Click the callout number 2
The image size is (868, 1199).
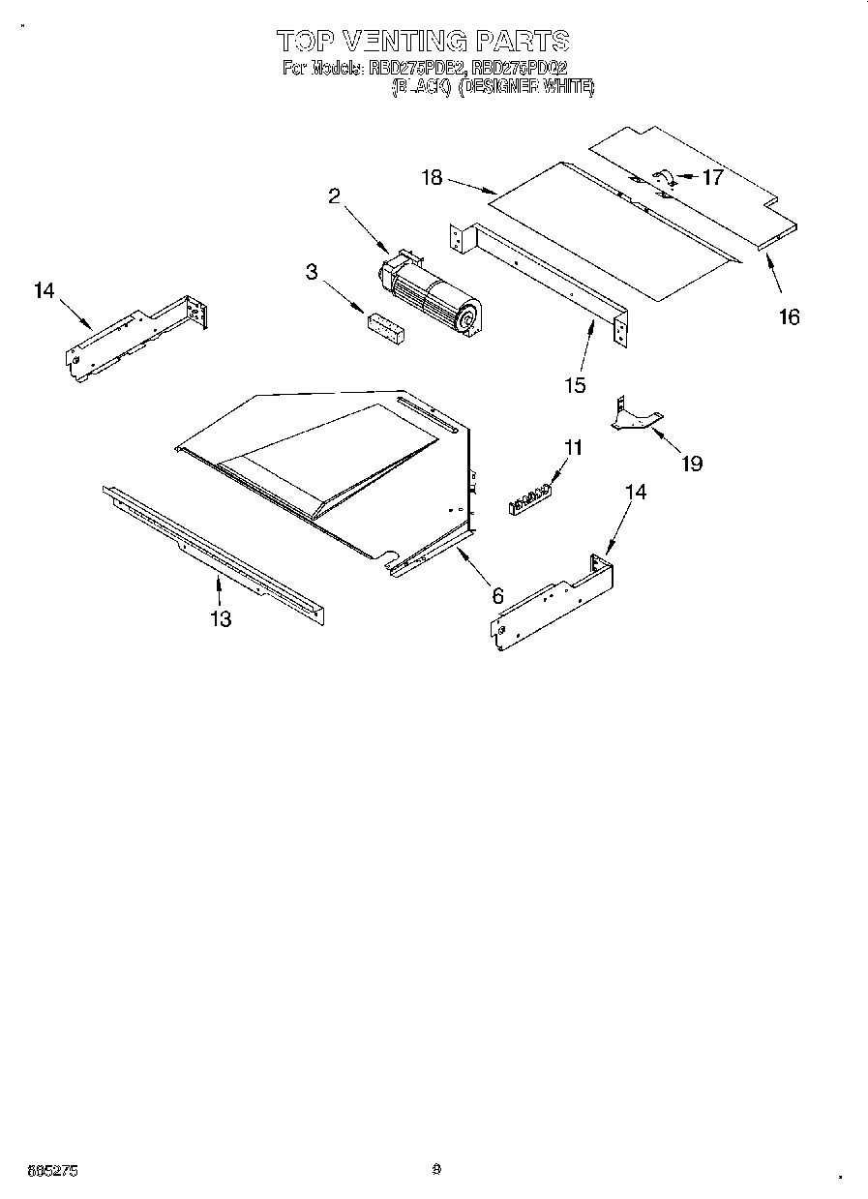tap(334, 196)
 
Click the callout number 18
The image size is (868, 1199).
tap(432, 177)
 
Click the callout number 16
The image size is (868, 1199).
tap(790, 316)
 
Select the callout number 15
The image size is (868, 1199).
tap(575, 385)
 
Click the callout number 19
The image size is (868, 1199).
tap(691, 464)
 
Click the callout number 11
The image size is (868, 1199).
tap(574, 447)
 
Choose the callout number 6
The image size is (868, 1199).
tap(497, 596)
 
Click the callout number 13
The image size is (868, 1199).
tap(221, 619)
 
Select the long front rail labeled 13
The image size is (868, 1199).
tap(213, 551)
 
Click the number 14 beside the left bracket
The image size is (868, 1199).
tap(45, 290)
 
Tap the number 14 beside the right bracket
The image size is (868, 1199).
tap(635, 492)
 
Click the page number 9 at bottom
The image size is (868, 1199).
tap(436, 1169)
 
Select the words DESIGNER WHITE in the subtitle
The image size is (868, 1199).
tap(525, 87)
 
